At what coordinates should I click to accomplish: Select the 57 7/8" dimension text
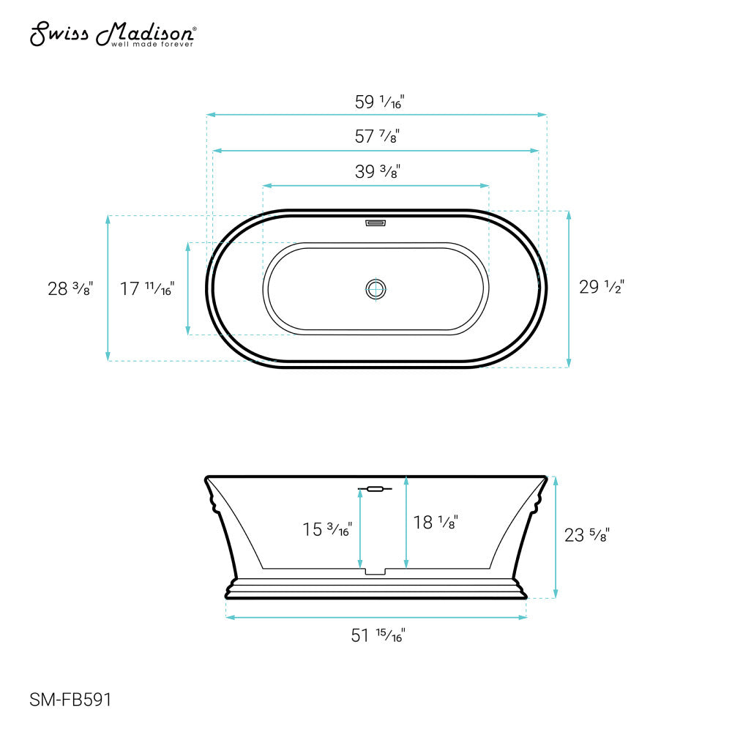coord(377,137)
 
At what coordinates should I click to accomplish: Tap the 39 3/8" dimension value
coord(377,173)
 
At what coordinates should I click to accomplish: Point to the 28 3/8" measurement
coord(70,288)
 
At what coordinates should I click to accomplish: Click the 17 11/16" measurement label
coord(147,288)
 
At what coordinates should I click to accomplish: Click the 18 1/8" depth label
coord(435,523)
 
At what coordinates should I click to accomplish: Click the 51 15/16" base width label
coord(378,635)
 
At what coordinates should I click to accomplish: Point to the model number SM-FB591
coord(70,699)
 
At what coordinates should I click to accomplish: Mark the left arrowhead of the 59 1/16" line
coord(210,115)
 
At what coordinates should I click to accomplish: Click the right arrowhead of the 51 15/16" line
coord(523,618)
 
